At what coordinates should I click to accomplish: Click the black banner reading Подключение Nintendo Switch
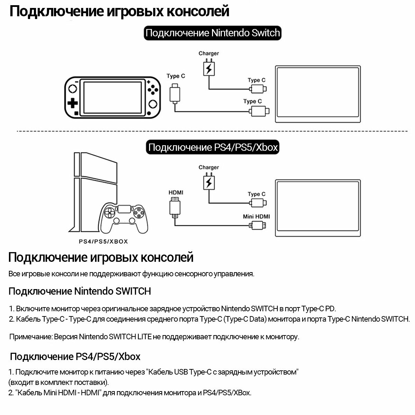[x=212, y=33]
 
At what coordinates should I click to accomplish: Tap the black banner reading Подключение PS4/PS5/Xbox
[x=213, y=147]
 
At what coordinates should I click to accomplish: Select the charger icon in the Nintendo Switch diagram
[x=208, y=68]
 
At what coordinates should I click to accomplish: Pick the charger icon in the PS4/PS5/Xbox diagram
[x=208, y=182]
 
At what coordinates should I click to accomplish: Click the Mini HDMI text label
[x=256, y=216]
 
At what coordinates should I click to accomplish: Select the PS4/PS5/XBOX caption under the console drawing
[x=103, y=242]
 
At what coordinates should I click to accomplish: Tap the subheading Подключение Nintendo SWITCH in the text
[x=80, y=291]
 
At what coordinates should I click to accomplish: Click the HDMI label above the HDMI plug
[x=176, y=192]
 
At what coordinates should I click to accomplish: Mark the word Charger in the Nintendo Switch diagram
[x=209, y=53]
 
